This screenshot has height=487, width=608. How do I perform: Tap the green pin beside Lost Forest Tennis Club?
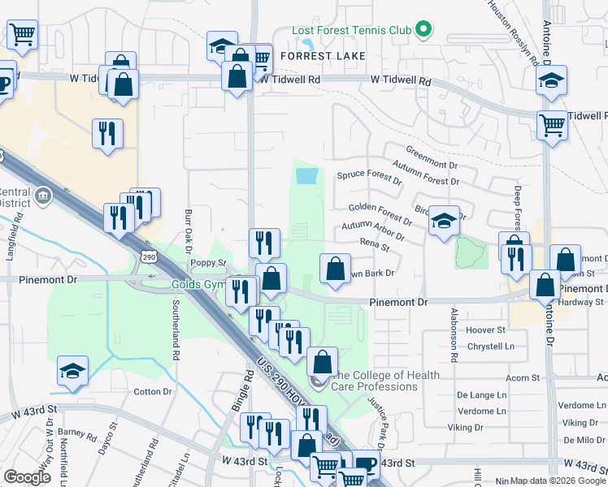point(423,31)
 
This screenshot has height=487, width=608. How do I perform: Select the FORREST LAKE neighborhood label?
point(323,56)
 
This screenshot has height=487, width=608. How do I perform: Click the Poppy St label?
point(202,263)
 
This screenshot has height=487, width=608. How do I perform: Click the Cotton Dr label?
point(153,391)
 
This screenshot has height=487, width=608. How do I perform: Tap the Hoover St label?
point(486,330)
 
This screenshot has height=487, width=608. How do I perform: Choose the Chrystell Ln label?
point(486,347)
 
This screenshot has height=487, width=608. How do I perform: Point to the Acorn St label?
point(523,378)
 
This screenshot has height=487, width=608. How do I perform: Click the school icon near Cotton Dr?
point(73,371)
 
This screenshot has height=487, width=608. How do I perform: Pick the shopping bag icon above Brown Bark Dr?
point(335,268)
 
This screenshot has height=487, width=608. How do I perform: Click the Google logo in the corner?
point(28,477)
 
